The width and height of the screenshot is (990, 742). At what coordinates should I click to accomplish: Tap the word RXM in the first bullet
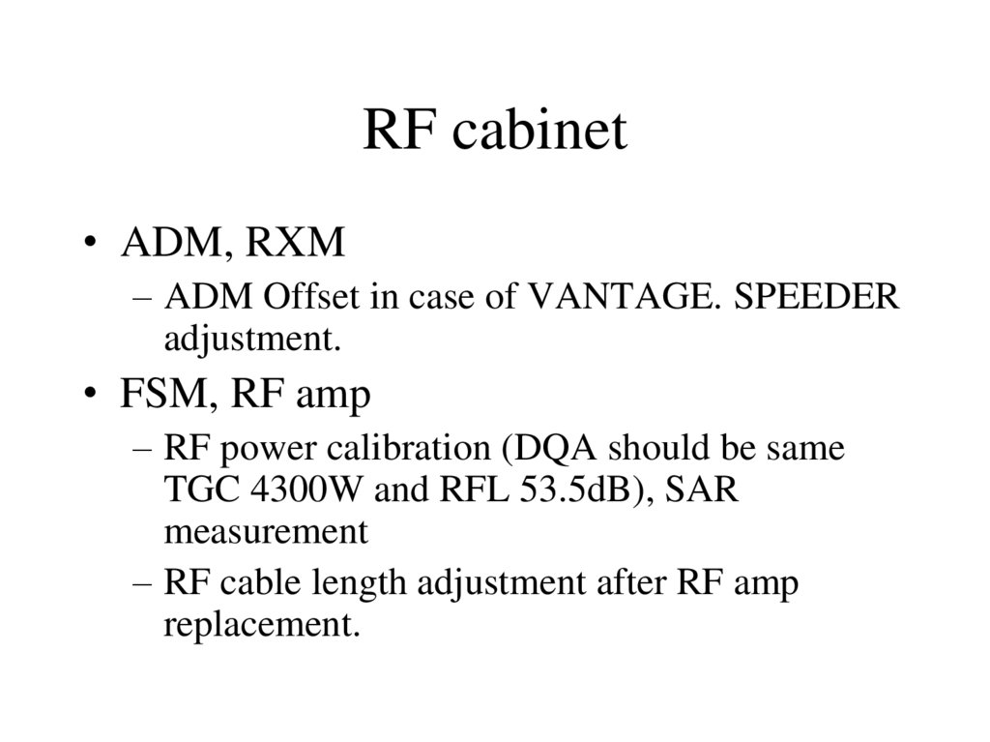295,244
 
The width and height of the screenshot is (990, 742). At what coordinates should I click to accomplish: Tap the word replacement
261,626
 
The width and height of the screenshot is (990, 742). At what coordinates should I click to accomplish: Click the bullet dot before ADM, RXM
91,245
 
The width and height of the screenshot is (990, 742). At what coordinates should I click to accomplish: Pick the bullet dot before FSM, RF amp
91,395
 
